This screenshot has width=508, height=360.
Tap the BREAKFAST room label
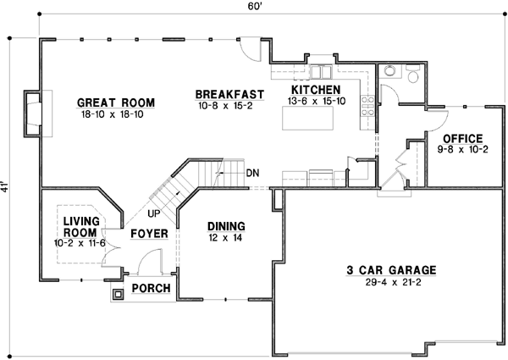coord(229,94)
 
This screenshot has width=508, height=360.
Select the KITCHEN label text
coord(316,90)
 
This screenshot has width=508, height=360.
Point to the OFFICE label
coord(462,138)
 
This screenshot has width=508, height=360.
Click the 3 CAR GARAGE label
coord(391,271)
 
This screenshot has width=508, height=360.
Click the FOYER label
coord(149,233)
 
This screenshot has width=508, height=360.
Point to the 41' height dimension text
coord(7,186)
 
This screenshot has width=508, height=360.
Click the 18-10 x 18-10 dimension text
coord(115,114)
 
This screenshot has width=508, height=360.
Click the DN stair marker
coord(252,174)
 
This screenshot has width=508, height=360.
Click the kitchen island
coord(307,122)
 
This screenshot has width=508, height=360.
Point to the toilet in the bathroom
coord(411,75)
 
